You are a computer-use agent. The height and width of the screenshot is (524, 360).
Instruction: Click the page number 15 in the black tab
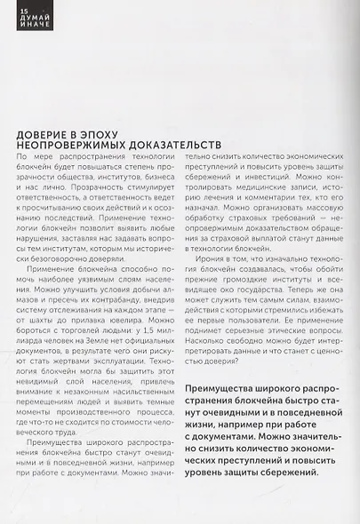11,7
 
